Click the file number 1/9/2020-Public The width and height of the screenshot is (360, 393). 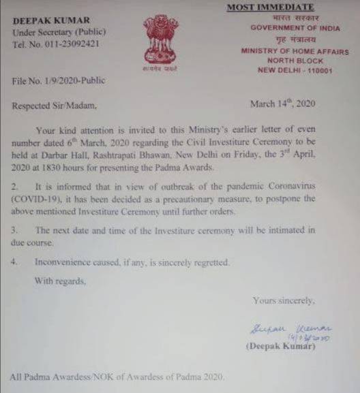tap(59, 81)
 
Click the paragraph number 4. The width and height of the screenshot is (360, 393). tap(14, 262)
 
